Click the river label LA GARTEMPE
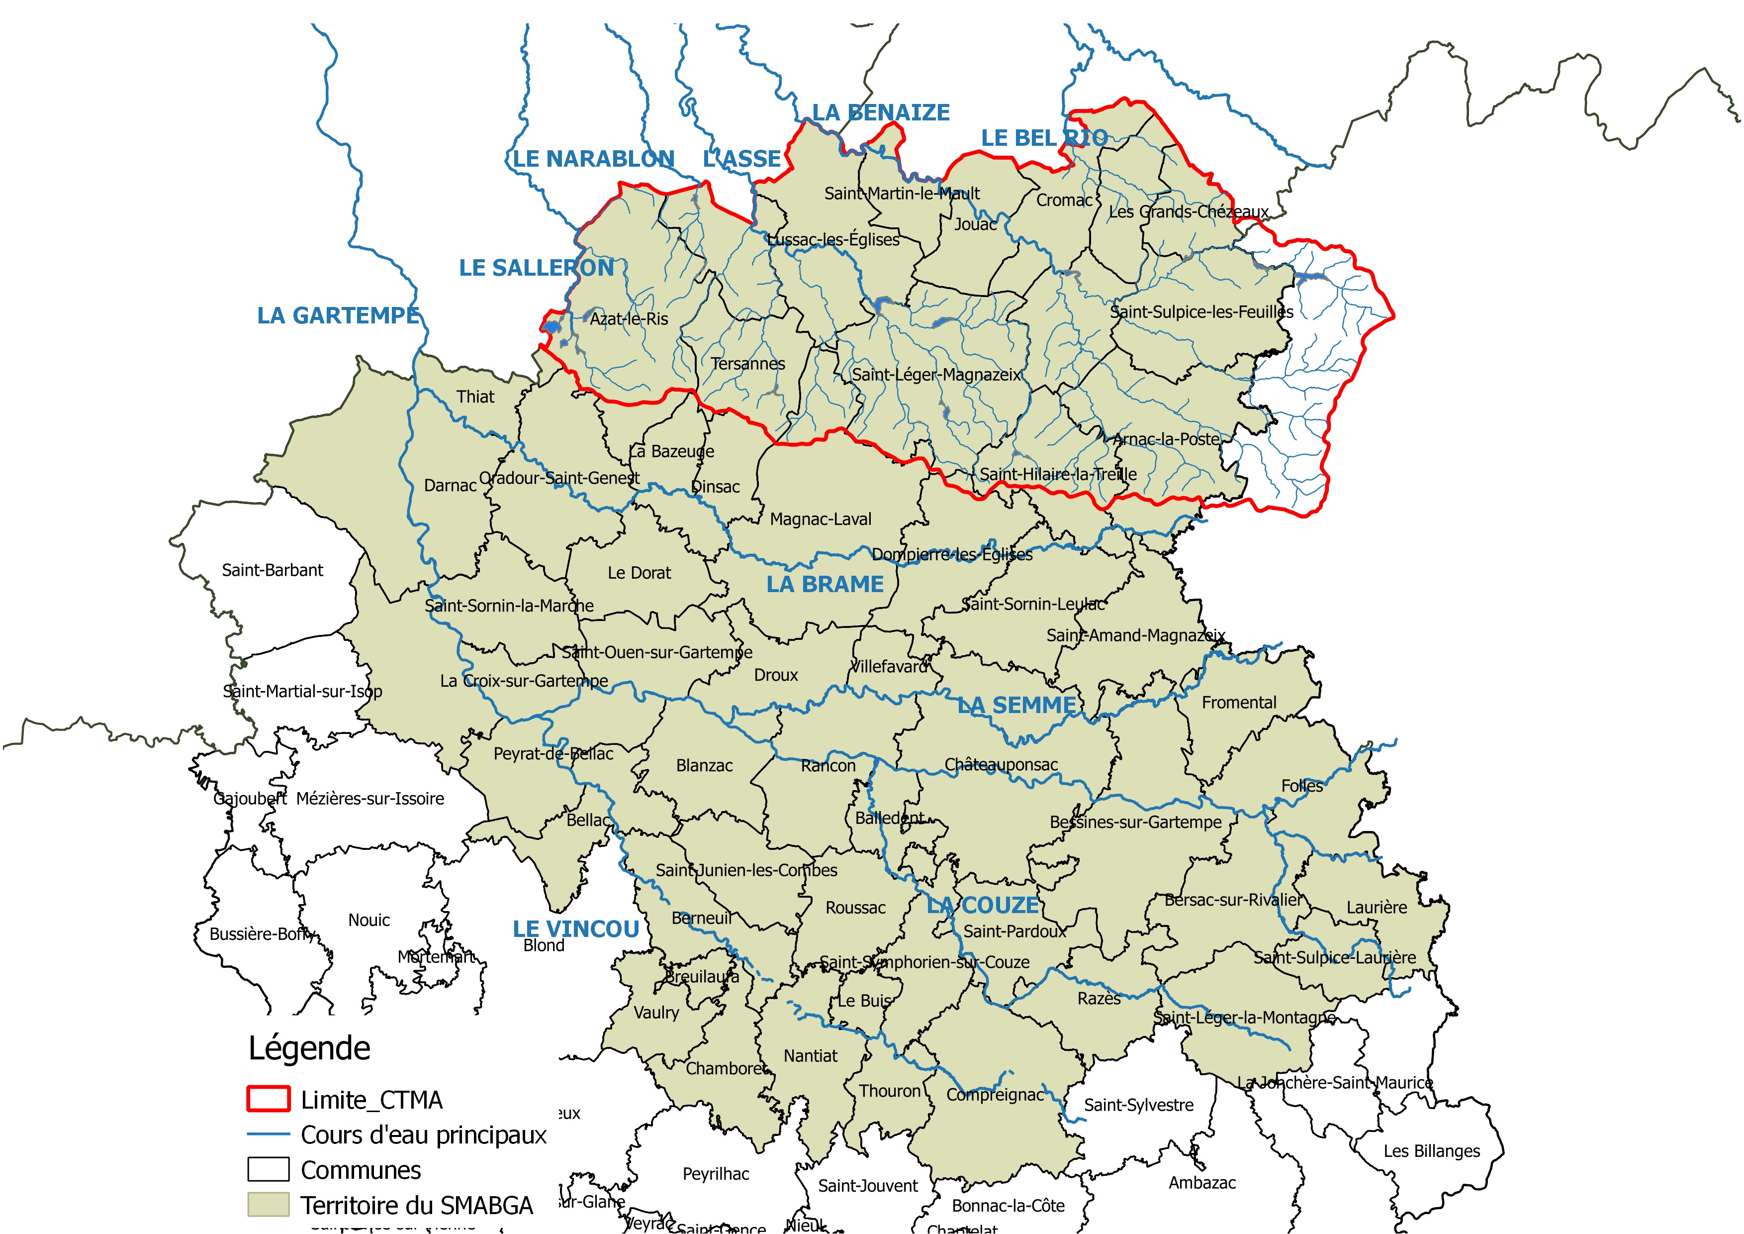click(338, 315)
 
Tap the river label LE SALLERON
click(536, 268)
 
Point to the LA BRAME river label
click(825, 584)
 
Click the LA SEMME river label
click(1016, 705)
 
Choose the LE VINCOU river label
click(576, 928)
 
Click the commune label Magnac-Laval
click(821, 519)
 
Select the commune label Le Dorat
click(639, 573)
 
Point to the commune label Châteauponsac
click(1001, 764)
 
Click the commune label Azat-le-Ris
click(629, 319)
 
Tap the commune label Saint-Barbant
click(272, 570)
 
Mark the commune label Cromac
click(1064, 201)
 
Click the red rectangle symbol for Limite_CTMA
click(268, 1099)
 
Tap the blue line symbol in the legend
click(268, 1134)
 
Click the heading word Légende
click(309, 1048)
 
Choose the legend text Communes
click(361, 1170)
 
